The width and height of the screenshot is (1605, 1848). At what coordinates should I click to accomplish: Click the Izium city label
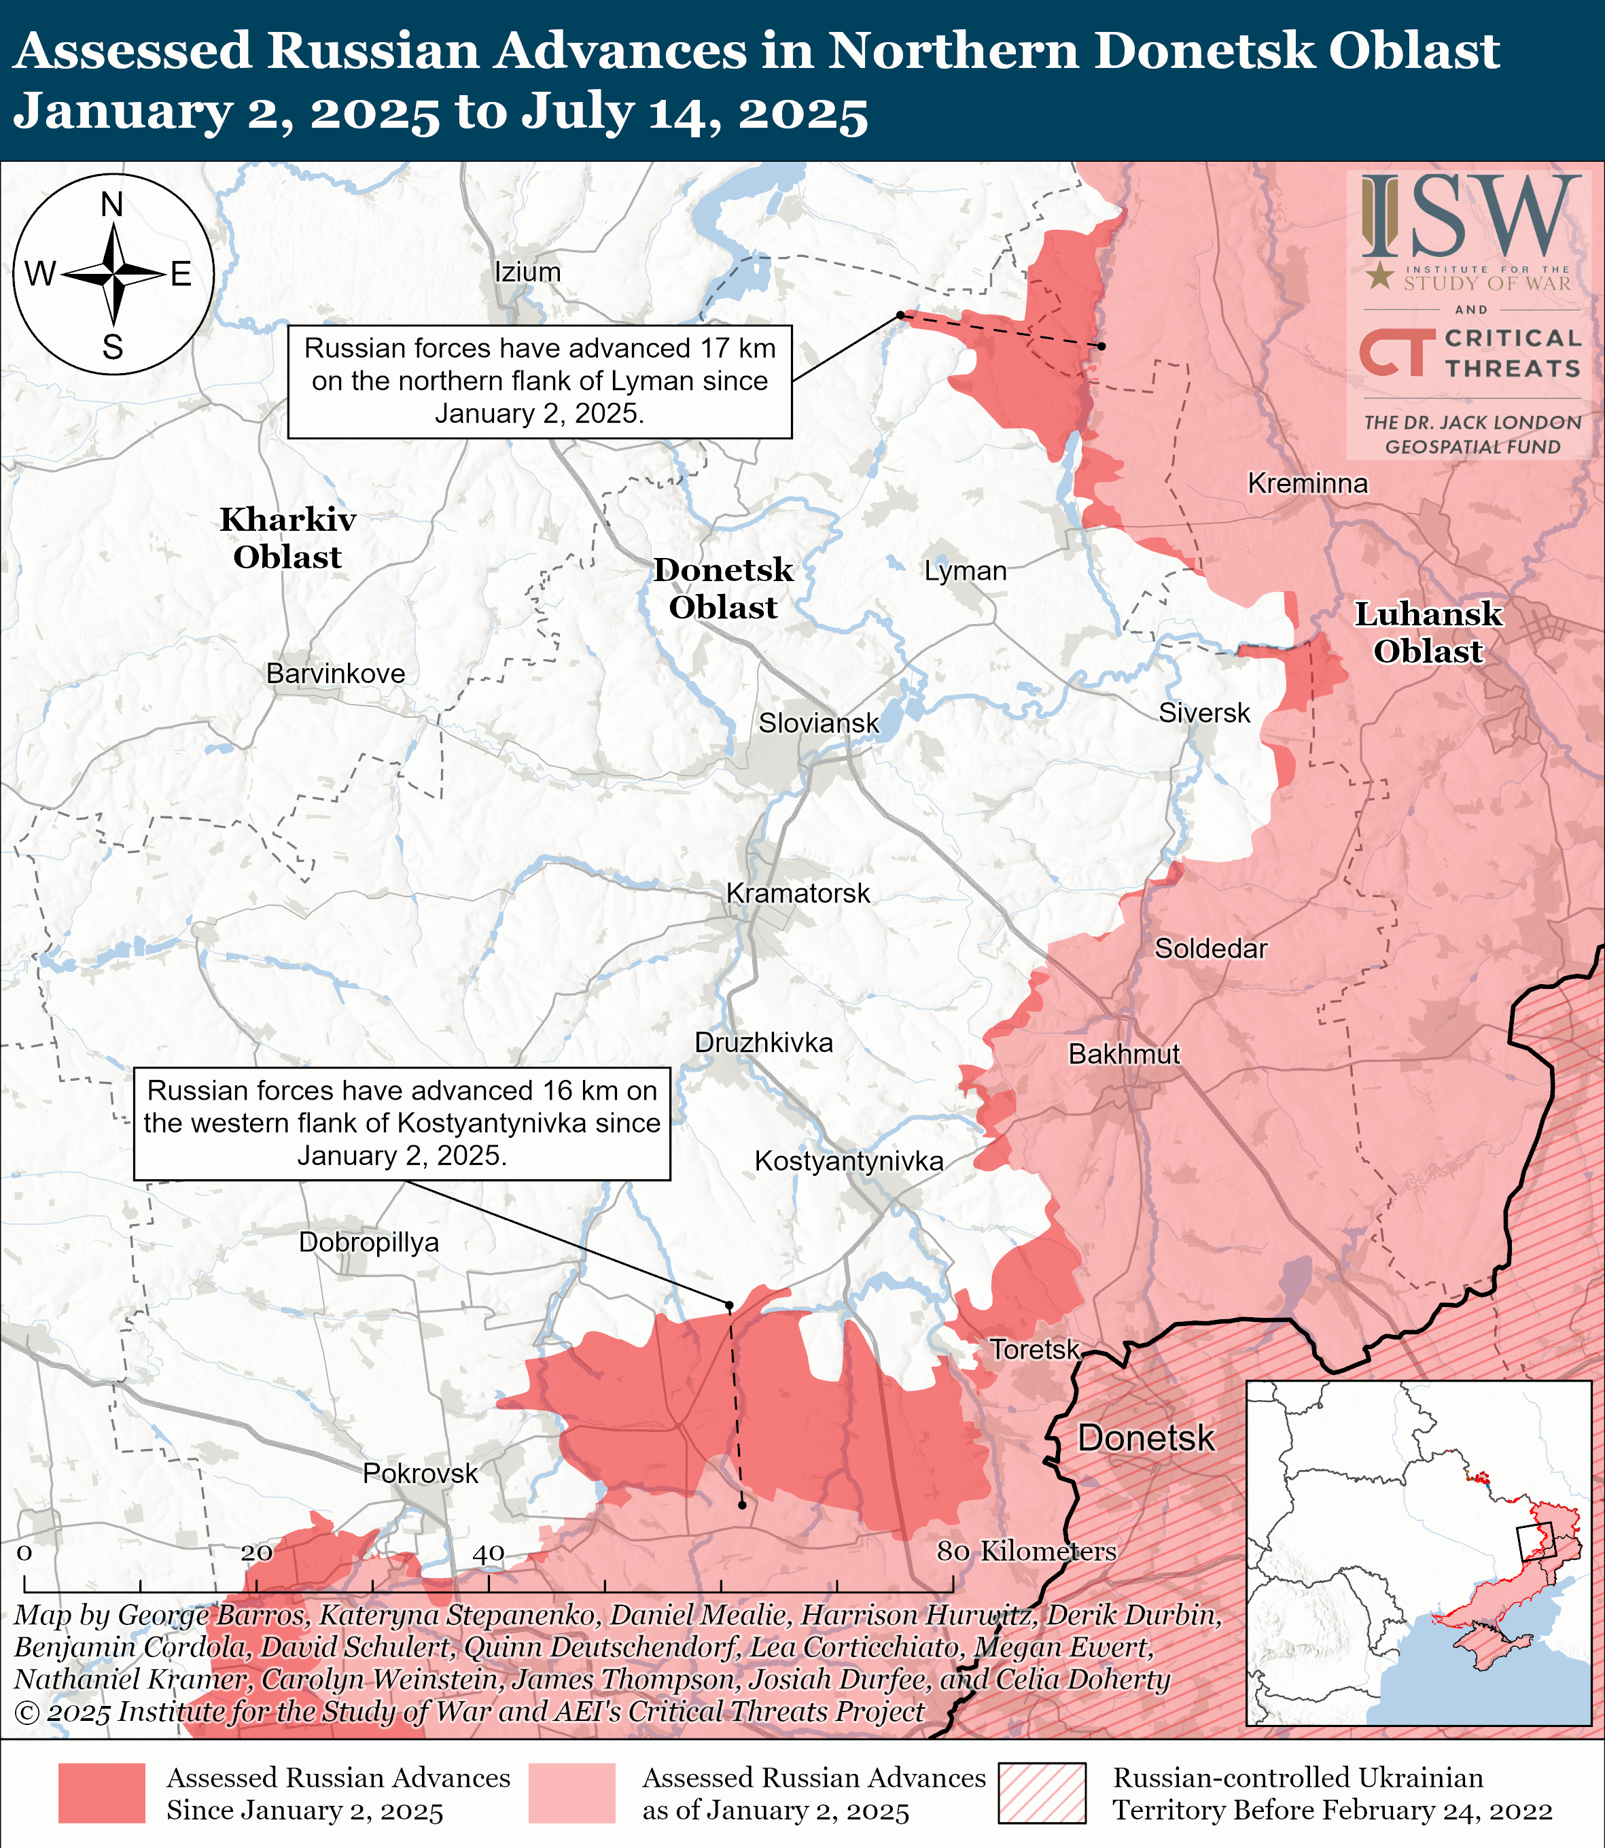527,273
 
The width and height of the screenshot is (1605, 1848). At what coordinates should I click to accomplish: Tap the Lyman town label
966,571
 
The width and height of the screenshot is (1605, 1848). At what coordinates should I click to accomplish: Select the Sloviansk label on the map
819,723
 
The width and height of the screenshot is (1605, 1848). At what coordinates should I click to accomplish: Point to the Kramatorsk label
798,893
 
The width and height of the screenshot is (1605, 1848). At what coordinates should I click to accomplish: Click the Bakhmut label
1124,1054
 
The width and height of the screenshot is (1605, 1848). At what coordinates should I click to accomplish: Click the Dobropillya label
369,1242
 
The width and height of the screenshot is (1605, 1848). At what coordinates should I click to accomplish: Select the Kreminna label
1307,484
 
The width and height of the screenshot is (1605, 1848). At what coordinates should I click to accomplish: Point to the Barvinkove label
336,674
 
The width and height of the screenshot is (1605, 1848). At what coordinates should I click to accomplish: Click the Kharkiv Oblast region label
287,538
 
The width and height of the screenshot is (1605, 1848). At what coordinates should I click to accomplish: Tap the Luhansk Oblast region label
1428,632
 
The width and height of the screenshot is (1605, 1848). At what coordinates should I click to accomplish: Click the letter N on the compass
112,205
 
